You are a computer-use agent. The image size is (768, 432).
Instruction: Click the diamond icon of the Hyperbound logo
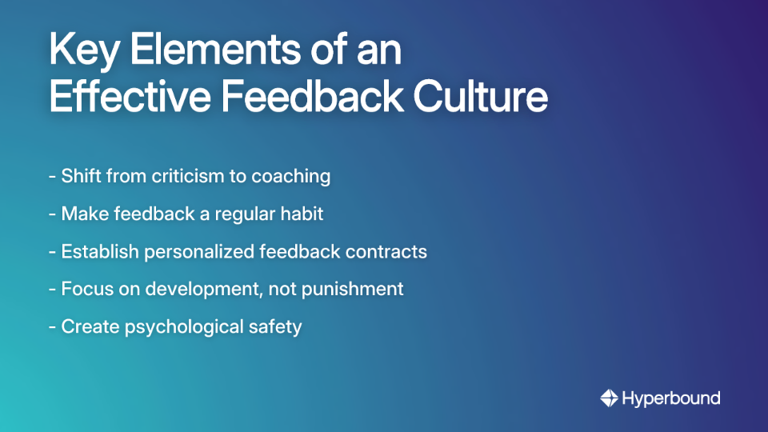tap(609, 398)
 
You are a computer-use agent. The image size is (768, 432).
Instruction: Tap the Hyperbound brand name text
tap(671, 398)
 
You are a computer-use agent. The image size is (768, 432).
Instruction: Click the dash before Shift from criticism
tap(52, 177)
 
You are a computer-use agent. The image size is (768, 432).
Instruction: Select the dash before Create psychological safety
tap(52, 328)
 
